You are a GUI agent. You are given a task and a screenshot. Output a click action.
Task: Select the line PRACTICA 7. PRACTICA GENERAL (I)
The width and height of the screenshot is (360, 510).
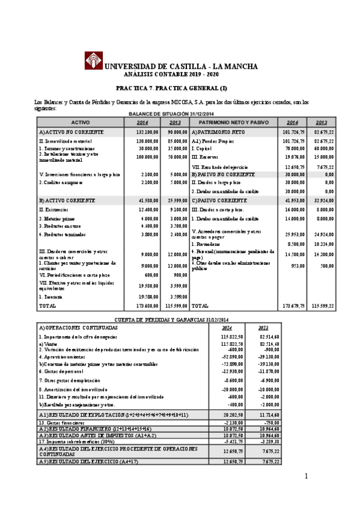click(x=180, y=88)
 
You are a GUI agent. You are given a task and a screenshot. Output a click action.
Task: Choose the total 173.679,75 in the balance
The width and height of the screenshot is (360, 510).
click(x=293, y=306)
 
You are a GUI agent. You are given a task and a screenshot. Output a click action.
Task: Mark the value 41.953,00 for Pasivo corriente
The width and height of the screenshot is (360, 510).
click(x=294, y=200)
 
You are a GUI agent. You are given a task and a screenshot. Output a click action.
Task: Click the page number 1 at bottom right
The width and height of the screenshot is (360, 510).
click(x=306, y=477)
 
